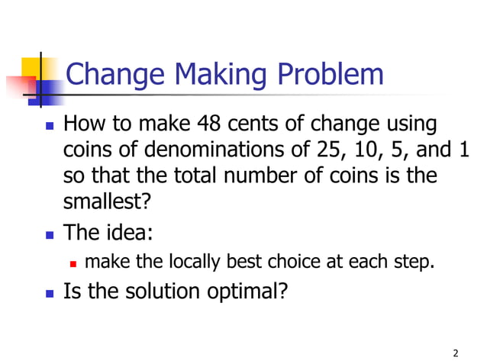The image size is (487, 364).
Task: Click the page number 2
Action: tap(455, 352)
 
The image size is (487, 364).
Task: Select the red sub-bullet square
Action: tap(73, 264)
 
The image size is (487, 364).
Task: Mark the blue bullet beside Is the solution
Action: tap(50, 292)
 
